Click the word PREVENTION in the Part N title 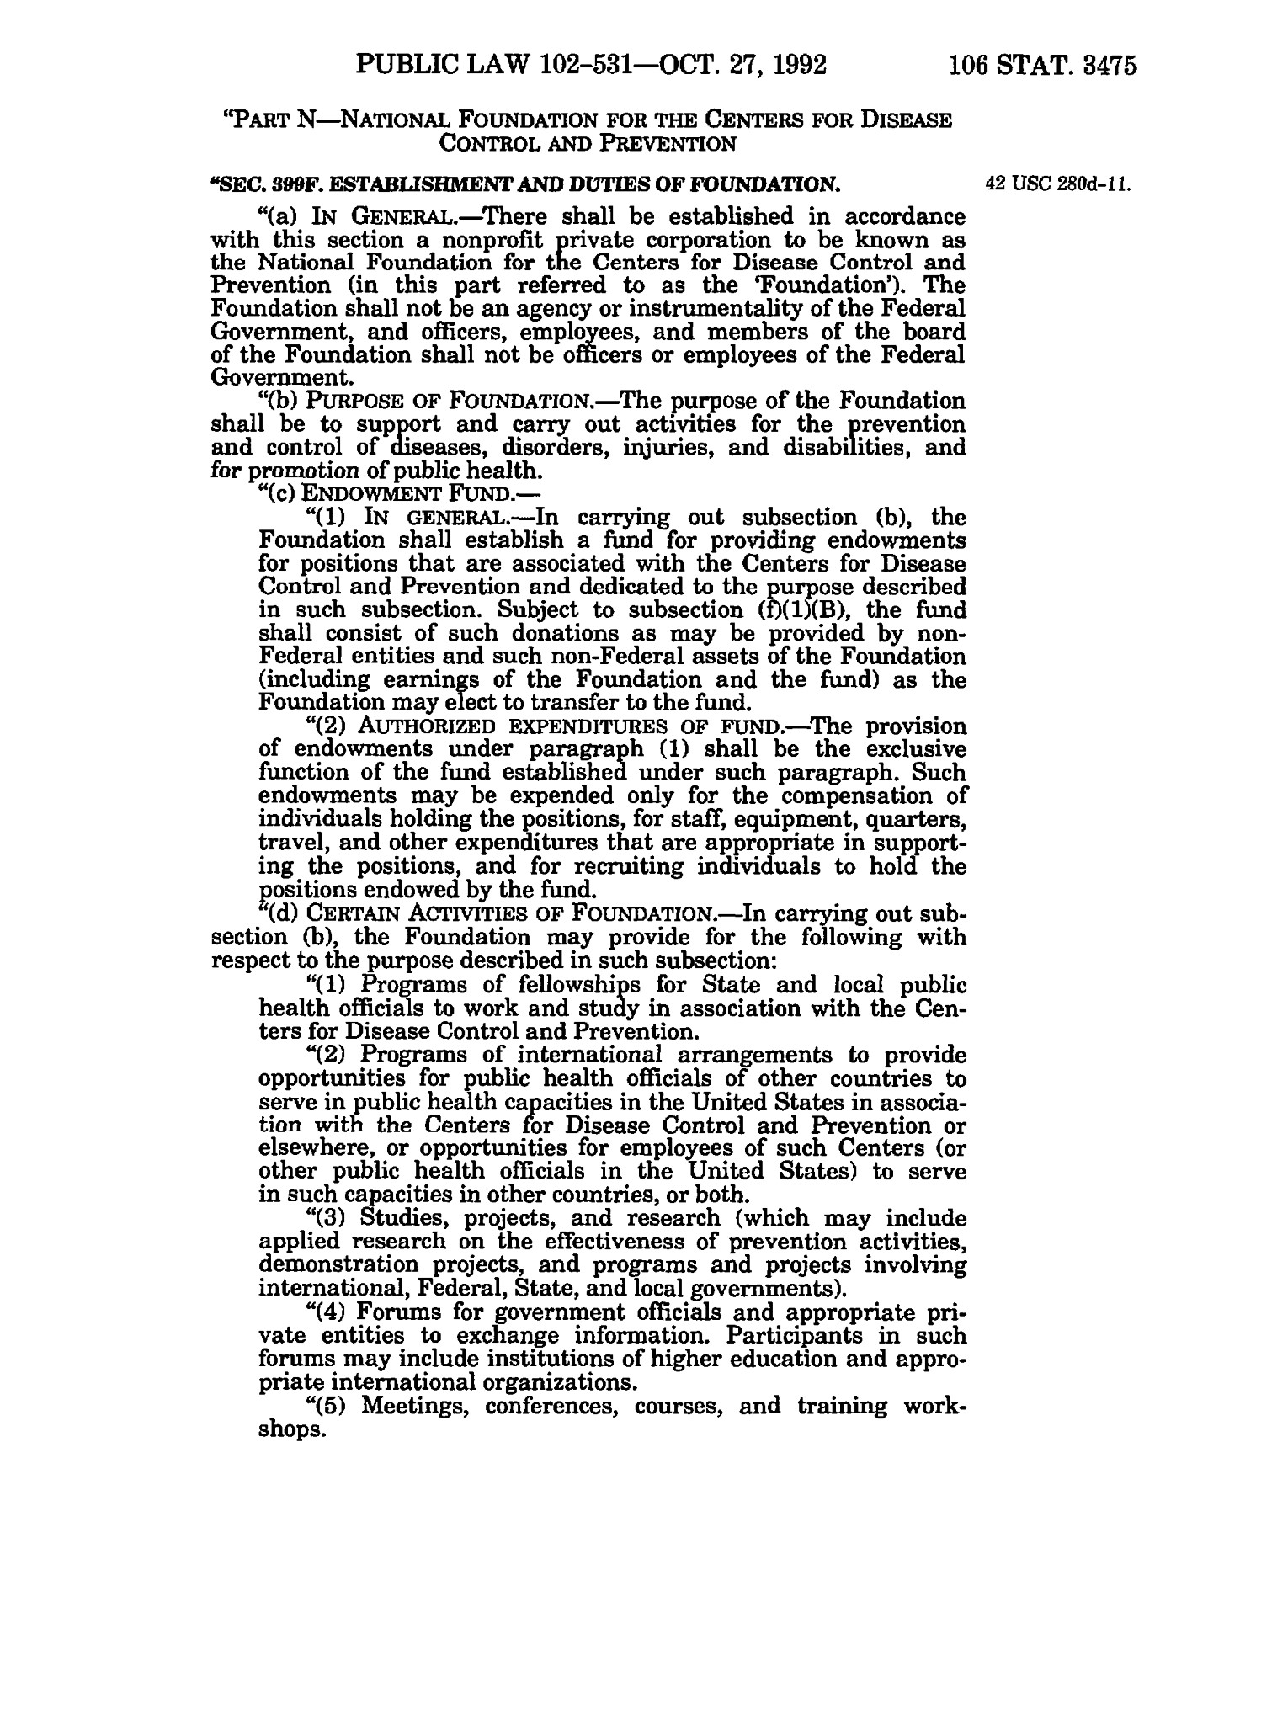pos(676,142)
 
